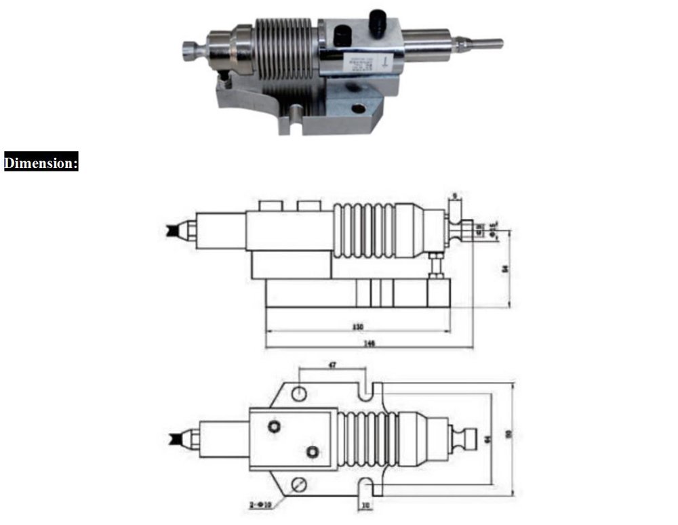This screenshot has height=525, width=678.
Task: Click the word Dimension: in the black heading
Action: [x=41, y=163]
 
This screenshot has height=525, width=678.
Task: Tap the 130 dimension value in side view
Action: [x=358, y=327]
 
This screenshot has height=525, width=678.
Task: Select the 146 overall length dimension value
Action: [x=369, y=343]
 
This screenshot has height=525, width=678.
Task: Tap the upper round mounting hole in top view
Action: [x=299, y=393]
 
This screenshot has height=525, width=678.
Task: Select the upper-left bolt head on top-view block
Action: [x=274, y=425]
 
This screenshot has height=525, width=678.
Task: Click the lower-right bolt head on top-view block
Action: [x=311, y=451]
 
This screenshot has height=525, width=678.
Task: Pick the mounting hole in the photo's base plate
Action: [x=357, y=108]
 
